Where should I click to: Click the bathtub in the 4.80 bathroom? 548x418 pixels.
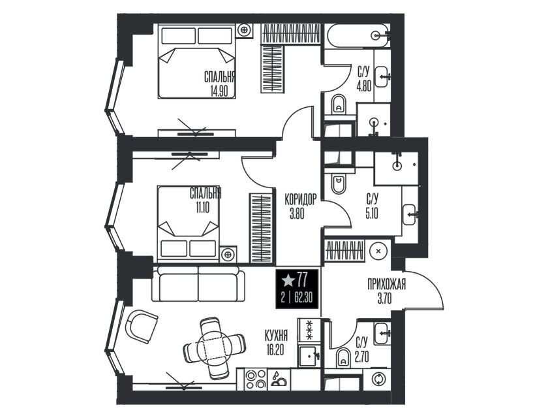358,36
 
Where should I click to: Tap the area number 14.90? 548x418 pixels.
219,91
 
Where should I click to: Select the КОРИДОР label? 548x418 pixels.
301,200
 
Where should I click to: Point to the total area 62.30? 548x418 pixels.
303,298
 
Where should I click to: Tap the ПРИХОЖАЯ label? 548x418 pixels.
386,284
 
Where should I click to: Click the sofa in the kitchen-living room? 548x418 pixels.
198,283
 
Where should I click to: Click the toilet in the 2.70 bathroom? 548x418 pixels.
343,358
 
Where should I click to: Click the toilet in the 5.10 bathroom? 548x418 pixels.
338,184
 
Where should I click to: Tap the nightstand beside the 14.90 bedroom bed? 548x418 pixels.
244,30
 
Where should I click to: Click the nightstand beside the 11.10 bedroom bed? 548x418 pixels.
228,254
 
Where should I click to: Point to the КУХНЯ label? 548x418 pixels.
276,336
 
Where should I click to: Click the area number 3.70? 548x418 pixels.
384,299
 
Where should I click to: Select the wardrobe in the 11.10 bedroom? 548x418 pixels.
261,229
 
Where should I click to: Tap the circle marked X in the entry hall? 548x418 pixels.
378,250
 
